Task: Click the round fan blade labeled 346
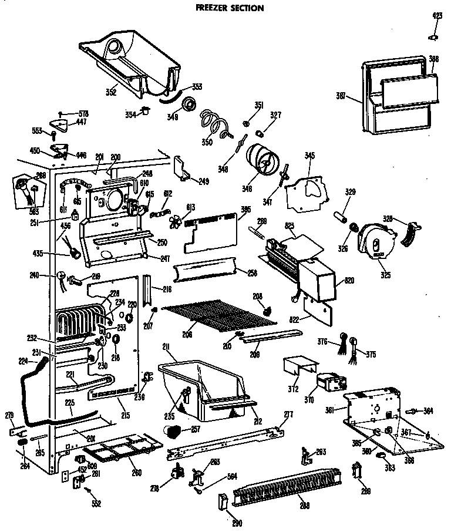[x=264, y=159]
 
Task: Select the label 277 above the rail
[x=288, y=415]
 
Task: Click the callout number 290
[x=237, y=523]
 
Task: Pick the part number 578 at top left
[x=83, y=113]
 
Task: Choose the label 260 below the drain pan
[x=136, y=473]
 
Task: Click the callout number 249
[x=203, y=180]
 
